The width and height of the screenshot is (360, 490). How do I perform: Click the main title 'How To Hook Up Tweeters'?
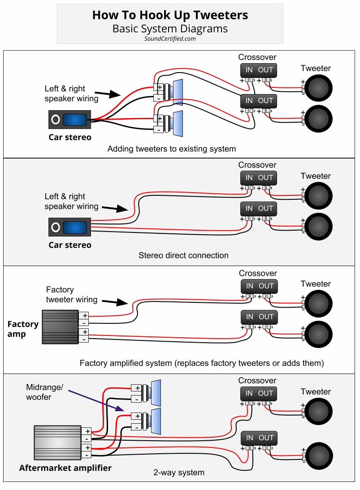coord(170,15)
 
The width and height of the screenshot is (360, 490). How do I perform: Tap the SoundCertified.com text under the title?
coord(170,39)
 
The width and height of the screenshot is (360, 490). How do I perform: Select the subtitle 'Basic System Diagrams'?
coord(170,29)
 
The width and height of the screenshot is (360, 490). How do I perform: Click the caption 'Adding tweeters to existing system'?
coord(172,149)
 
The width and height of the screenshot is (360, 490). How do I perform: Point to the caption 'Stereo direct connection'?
coord(183,255)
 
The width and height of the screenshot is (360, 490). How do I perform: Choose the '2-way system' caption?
coord(179,473)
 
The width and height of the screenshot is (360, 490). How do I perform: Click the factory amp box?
coord(60,327)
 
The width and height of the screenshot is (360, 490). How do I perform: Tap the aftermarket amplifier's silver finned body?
coord(57,442)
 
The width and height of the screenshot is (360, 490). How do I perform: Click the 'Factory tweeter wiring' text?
coord(71,295)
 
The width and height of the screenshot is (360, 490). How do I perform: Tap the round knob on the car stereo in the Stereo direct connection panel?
coord(56,228)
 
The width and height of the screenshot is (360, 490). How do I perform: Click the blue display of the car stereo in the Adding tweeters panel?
coord(74,120)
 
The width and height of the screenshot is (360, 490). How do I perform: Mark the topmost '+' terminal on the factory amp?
coord(85,315)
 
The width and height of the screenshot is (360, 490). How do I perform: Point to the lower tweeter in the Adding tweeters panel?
coord(318,119)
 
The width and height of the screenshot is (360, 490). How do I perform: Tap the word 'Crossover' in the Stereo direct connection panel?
coord(257,165)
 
